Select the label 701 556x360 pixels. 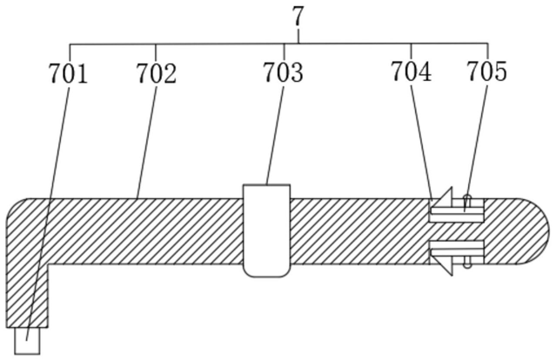click(68, 73)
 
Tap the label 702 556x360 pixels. click(156, 73)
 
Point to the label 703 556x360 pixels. click(284, 73)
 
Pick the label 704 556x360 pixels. click(411, 71)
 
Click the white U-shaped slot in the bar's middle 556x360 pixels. click(266, 230)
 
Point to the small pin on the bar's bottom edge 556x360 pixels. click(467, 263)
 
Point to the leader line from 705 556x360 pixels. click(478, 139)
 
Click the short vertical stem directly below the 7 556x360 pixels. click(298, 37)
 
